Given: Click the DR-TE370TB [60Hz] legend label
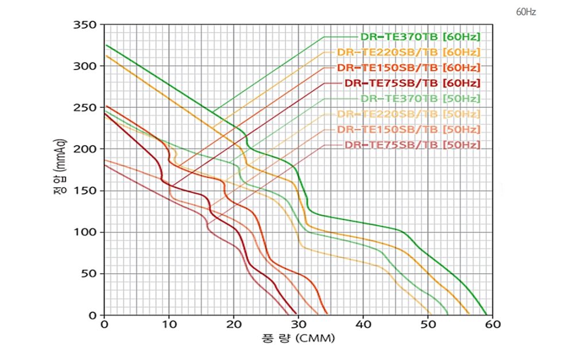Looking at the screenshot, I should pos(420,37).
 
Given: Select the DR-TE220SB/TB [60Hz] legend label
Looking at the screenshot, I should pos(408,52).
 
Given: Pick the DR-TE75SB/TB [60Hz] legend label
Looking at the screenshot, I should pos(412,83).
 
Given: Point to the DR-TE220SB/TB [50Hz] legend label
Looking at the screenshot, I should pos(408,114).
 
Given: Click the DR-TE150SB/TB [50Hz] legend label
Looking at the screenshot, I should pos(408,129).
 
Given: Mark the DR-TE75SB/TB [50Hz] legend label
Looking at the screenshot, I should pos(412,145).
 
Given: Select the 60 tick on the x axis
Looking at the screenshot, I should pos(493,325).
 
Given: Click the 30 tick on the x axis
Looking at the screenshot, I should pos(298,325).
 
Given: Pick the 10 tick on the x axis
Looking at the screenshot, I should pos(169,325).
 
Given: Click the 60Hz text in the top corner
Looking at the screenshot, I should pos(526,11).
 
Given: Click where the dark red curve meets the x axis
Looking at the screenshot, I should pos(297,315).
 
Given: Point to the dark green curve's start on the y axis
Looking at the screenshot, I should pos(106,45).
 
